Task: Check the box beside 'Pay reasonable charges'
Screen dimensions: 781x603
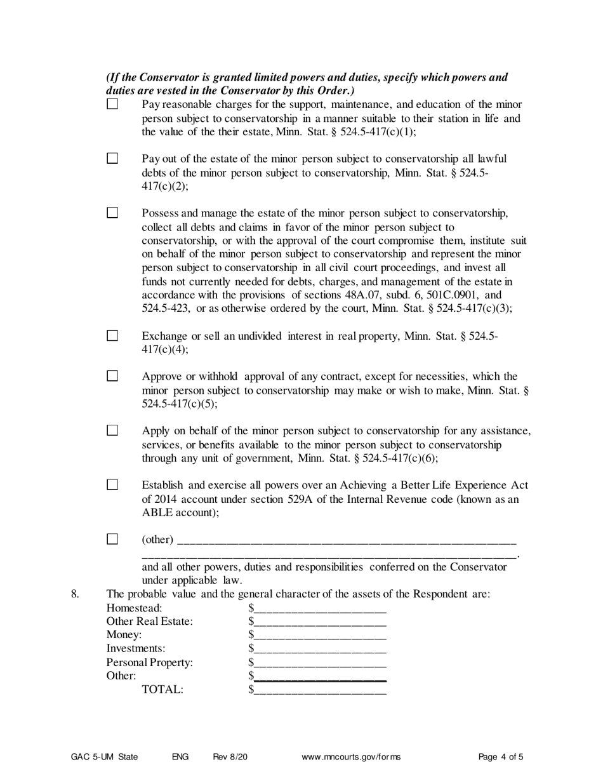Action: [x=112, y=104]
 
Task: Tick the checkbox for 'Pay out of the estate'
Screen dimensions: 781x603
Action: [x=112, y=158]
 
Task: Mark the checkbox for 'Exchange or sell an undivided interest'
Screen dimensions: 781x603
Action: [x=112, y=336]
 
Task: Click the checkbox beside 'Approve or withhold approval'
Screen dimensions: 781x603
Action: [x=112, y=376]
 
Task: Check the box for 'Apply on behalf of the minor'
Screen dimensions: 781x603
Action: [x=112, y=431]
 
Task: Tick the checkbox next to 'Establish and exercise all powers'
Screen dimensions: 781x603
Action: [x=112, y=485]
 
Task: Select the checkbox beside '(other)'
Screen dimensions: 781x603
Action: [x=112, y=539]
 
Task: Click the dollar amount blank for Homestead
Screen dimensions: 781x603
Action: [x=320, y=609]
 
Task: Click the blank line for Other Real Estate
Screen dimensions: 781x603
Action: [x=320, y=622]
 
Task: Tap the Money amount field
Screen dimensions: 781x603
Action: [x=320, y=636]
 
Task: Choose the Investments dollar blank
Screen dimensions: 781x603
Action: [x=320, y=649]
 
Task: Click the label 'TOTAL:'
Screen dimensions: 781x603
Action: [x=162, y=690]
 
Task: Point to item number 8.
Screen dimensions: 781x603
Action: [x=75, y=595]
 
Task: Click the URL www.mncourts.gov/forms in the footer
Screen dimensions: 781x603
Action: [x=352, y=757]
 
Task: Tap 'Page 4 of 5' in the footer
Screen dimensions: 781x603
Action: [x=501, y=757]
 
